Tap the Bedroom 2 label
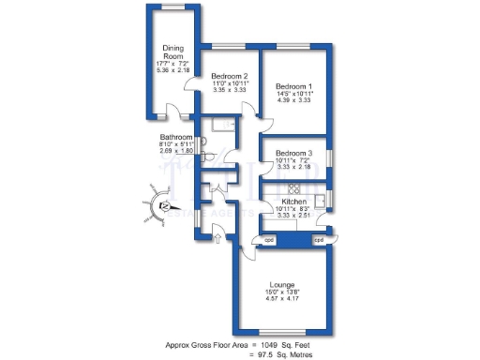click(229, 76)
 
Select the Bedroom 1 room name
click(293, 87)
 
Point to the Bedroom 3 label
click(293, 153)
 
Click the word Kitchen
click(293, 201)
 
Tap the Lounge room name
click(282, 284)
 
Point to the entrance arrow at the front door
click(217, 240)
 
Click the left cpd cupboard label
click(269, 240)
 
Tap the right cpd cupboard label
click(319, 240)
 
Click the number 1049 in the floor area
click(275, 344)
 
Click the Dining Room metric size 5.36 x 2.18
click(172, 70)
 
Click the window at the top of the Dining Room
click(172, 7)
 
